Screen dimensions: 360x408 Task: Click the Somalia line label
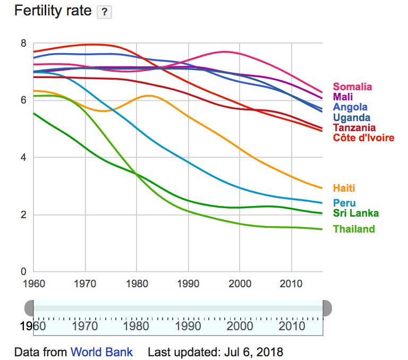click(352, 87)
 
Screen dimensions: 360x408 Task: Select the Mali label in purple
click(343, 97)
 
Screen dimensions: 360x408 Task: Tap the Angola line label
click(350, 107)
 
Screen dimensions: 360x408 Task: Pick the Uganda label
click(352, 117)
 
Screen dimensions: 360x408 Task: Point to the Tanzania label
click(354, 127)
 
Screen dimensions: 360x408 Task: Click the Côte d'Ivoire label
click(363, 138)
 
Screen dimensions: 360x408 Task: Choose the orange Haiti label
click(344, 188)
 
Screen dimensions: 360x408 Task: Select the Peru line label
click(344, 203)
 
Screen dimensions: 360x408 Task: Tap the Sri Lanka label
click(356, 213)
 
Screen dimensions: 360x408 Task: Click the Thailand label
click(354, 229)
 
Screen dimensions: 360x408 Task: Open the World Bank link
click(101, 352)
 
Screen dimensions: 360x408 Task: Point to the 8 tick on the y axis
click(23, 43)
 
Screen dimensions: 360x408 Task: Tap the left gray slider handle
click(29, 308)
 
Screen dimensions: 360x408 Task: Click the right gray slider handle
click(327, 308)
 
